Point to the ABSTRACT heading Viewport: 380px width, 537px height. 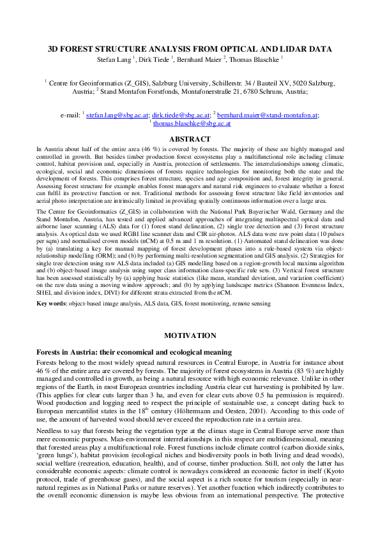click(x=190, y=139)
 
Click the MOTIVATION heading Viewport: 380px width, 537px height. click(x=190, y=335)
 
